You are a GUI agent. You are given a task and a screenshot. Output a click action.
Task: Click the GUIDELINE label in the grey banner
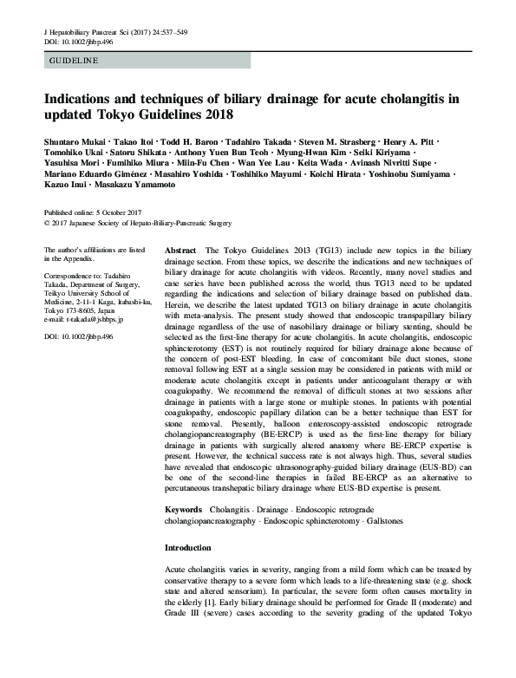click(x=74, y=62)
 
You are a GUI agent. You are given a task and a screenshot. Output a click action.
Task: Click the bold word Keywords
click(x=184, y=511)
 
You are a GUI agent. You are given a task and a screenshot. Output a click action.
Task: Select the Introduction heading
click(x=188, y=548)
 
